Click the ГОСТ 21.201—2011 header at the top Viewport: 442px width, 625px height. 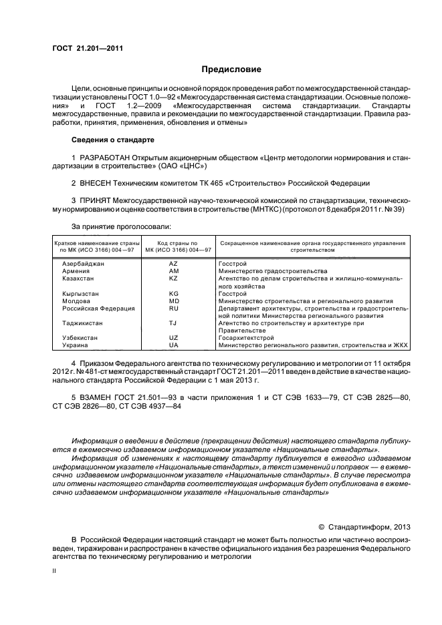click(87, 49)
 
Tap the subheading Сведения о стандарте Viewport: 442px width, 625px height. click(112, 140)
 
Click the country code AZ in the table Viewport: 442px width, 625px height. click(174, 264)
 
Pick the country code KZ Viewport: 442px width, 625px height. click(174, 279)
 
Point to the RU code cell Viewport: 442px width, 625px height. click(174, 308)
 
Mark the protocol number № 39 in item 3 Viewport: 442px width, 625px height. click(393, 210)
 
